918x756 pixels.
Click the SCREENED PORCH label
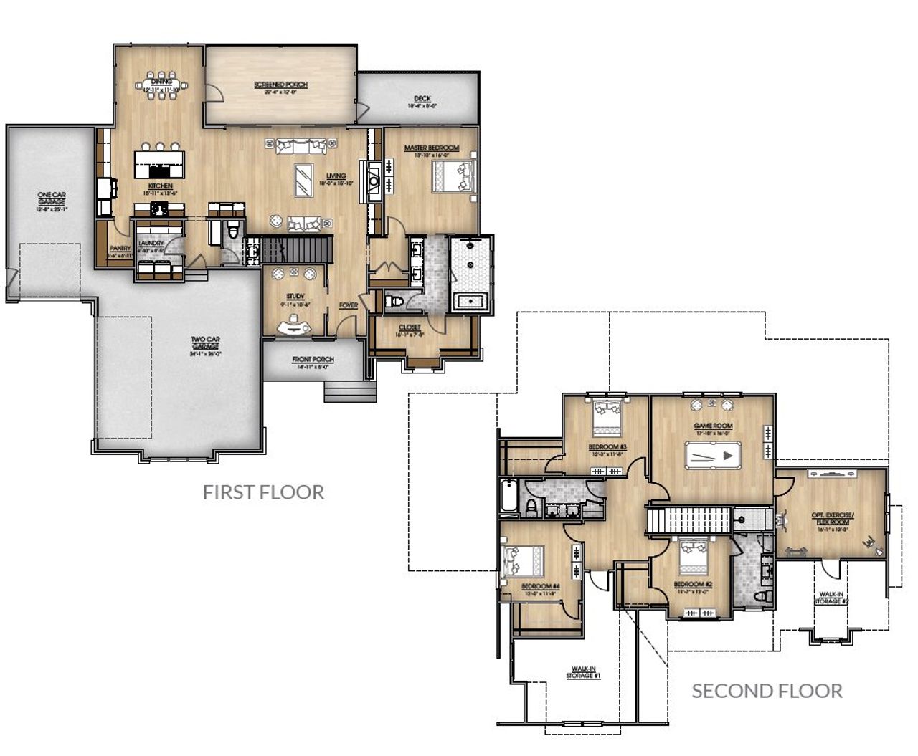(x=280, y=85)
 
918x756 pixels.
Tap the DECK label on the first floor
(x=422, y=99)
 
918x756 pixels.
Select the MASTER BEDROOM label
(x=431, y=148)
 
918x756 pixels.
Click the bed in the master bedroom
(x=453, y=176)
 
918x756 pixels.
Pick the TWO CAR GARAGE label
(x=205, y=343)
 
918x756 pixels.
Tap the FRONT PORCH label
(x=313, y=360)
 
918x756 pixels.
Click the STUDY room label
(x=295, y=297)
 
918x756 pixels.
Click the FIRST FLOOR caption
(x=263, y=492)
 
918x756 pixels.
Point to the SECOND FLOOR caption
(x=767, y=691)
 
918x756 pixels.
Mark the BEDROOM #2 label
(x=693, y=585)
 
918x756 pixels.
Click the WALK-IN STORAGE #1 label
(x=583, y=672)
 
